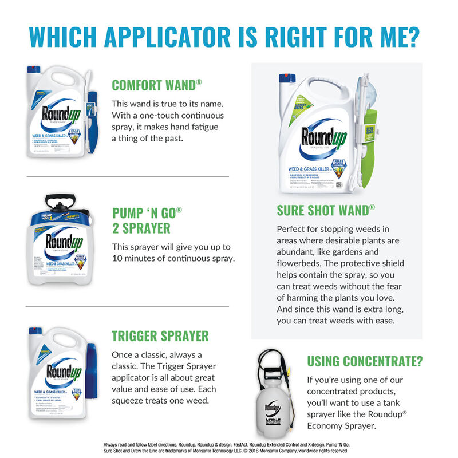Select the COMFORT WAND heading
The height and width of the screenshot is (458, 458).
(x=156, y=86)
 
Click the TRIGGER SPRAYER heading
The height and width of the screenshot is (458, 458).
(x=160, y=335)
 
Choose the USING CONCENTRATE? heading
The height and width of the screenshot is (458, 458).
(x=365, y=361)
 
